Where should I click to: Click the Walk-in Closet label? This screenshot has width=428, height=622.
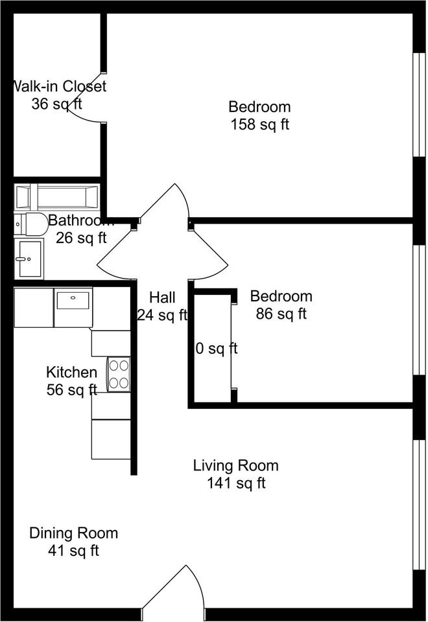[x=59, y=86]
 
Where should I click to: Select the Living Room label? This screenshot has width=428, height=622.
[x=235, y=465]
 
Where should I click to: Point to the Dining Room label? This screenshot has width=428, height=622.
[x=73, y=533]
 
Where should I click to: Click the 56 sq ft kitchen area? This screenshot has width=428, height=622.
[x=71, y=389]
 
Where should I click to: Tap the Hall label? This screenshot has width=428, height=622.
[x=162, y=297]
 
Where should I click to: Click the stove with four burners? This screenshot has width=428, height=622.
[x=119, y=374]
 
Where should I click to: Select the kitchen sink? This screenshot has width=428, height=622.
[x=73, y=301]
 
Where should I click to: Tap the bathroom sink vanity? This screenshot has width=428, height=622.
[x=28, y=258]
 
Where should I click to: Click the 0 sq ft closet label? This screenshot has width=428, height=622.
[x=217, y=349]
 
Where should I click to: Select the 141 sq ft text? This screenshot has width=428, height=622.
[x=235, y=483]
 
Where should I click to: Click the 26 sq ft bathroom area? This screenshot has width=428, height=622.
[x=81, y=238]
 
